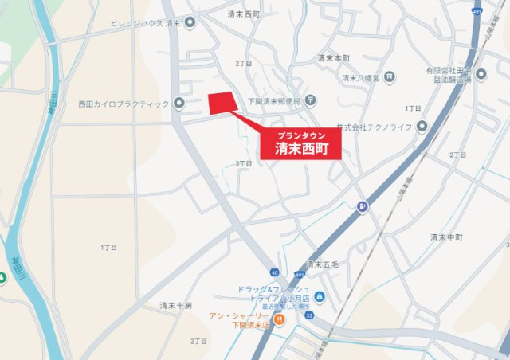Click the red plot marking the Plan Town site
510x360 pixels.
click(x=222, y=103)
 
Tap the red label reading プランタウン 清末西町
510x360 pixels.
click(x=302, y=143)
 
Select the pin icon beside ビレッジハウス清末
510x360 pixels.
click(x=190, y=22)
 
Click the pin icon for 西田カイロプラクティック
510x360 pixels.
click(x=179, y=103)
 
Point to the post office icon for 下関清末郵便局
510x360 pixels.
click(x=311, y=100)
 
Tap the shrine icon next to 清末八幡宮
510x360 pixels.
click(x=389, y=77)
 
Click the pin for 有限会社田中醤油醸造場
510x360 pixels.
click(x=479, y=77)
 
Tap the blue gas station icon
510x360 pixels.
click(x=363, y=209)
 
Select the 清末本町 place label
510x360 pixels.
click(x=334, y=58)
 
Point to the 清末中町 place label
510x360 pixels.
click(x=446, y=237)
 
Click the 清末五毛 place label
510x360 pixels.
click(x=323, y=264)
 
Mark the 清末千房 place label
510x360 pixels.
click(x=175, y=305)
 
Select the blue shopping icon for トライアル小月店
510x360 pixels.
click(x=320, y=296)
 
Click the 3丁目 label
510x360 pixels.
click(x=244, y=163)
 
